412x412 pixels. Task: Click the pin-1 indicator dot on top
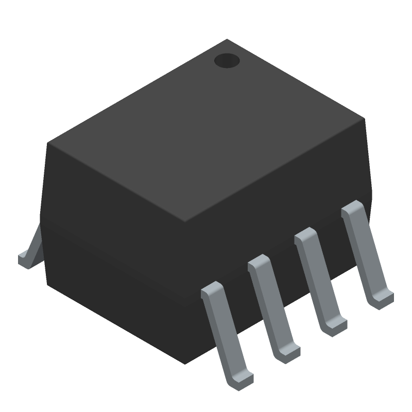pyautogui.click(x=227, y=61)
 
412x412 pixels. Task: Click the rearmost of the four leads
pyautogui.click(x=366, y=252)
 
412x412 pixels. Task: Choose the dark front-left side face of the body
pyautogui.click(x=113, y=247)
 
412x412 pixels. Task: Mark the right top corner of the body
pyautogui.click(x=365, y=119)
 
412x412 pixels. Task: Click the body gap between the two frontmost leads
pyautogui.click(x=239, y=299)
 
